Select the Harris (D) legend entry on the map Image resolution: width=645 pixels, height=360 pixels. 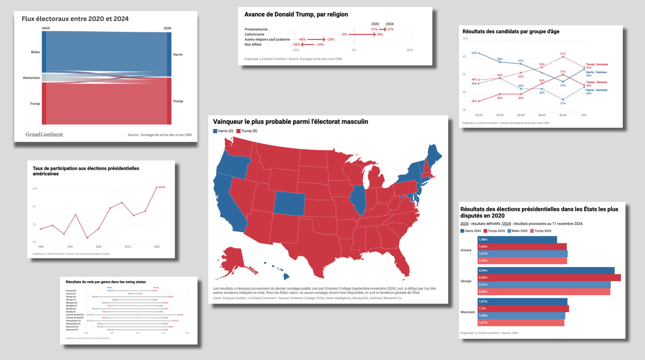pos(223,131)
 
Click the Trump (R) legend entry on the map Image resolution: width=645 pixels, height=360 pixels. pos(247,131)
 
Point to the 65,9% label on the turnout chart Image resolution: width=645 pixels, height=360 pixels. pos(162,187)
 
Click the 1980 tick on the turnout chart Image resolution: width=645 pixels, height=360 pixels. pos(41,247)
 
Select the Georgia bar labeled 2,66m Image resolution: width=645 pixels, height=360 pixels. pos(549,277)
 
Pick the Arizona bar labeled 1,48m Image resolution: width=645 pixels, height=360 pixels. pos(517,239)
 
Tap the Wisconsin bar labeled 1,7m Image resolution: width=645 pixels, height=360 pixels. pos(523,308)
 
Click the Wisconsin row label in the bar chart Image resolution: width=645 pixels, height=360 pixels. pos(468,312)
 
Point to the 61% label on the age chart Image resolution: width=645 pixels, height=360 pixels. pos(563,54)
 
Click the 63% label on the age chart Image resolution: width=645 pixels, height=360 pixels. pos(474,53)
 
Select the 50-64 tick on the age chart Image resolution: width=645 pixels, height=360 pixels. pos(563,115)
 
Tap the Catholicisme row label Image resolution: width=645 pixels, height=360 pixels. pos(254,34)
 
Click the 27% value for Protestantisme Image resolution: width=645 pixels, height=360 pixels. pos(390,29)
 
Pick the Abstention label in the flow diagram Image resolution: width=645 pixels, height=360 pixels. pos(31,78)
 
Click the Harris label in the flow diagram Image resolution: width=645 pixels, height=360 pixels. pos(178,55)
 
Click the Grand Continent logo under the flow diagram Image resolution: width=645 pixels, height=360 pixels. pos(44,134)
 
